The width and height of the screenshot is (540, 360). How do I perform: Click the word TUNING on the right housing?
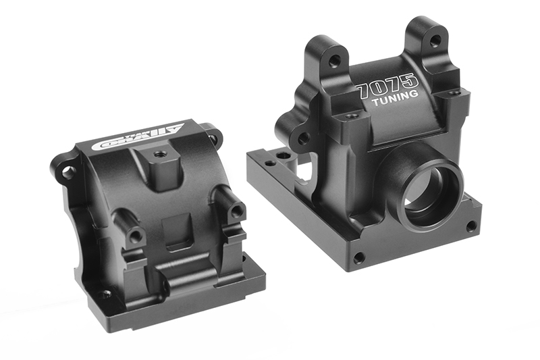pyautogui.click(x=394, y=102)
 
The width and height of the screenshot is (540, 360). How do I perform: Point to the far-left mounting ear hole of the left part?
pyautogui.click(x=67, y=172)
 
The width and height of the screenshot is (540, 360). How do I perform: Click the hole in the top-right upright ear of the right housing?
pyautogui.click(x=433, y=42)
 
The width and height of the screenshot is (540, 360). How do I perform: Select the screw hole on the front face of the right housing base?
pyautogui.click(x=358, y=257)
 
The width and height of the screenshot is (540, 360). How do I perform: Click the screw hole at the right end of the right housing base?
pyautogui.click(x=470, y=226)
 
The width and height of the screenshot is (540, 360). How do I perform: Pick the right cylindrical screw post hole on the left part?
pyautogui.click(x=236, y=211)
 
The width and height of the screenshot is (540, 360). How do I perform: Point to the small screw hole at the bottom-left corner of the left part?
pyautogui.click(x=106, y=294)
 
